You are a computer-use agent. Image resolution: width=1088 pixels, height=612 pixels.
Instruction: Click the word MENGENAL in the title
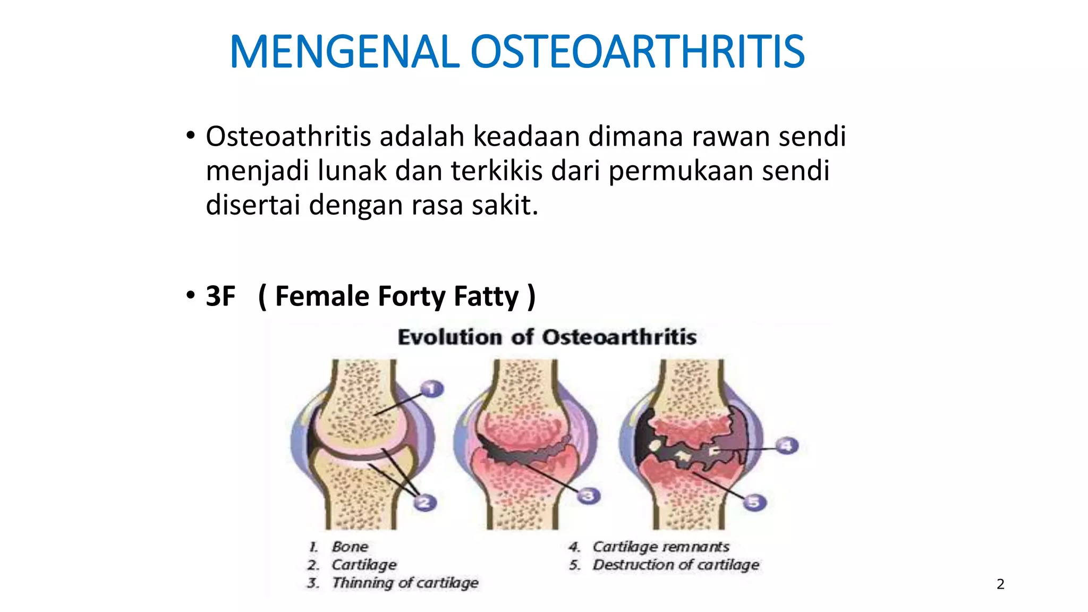pyautogui.click(x=344, y=52)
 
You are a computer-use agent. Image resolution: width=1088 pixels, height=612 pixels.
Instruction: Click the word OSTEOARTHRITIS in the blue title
pyautogui.click(x=637, y=52)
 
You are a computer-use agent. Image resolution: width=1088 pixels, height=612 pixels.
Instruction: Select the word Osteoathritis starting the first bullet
pyautogui.click(x=288, y=137)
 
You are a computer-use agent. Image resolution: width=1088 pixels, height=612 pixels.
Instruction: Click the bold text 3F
pyautogui.click(x=220, y=296)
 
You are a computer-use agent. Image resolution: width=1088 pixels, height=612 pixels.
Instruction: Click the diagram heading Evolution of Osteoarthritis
pyautogui.click(x=547, y=337)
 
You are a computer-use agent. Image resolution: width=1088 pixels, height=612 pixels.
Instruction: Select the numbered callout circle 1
pyautogui.click(x=432, y=389)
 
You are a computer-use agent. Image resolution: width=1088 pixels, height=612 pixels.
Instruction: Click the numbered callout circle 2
pyautogui.click(x=424, y=502)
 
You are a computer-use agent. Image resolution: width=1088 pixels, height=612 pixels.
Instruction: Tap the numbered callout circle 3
pyautogui.click(x=588, y=496)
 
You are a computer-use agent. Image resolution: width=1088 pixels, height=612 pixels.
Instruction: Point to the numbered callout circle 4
pyautogui.click(x=787, y=445)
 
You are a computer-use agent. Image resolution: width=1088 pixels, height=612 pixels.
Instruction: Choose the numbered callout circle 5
pyautogui.click(x=754, y=502)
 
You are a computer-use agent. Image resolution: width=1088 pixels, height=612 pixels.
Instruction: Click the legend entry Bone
pyautogui.click(x=350, y=547)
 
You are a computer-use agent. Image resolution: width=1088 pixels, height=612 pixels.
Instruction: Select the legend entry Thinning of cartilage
pyautogui.click(x=405, y=583)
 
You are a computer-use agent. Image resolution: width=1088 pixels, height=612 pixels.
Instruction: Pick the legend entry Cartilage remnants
pyautogui.click(x=660, y=547)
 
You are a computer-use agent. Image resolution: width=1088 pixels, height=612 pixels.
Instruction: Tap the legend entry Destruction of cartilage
pyautogui.click(x=676, y=565)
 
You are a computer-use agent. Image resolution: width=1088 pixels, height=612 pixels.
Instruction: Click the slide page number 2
pyautogui.click(x=1000, y=584)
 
